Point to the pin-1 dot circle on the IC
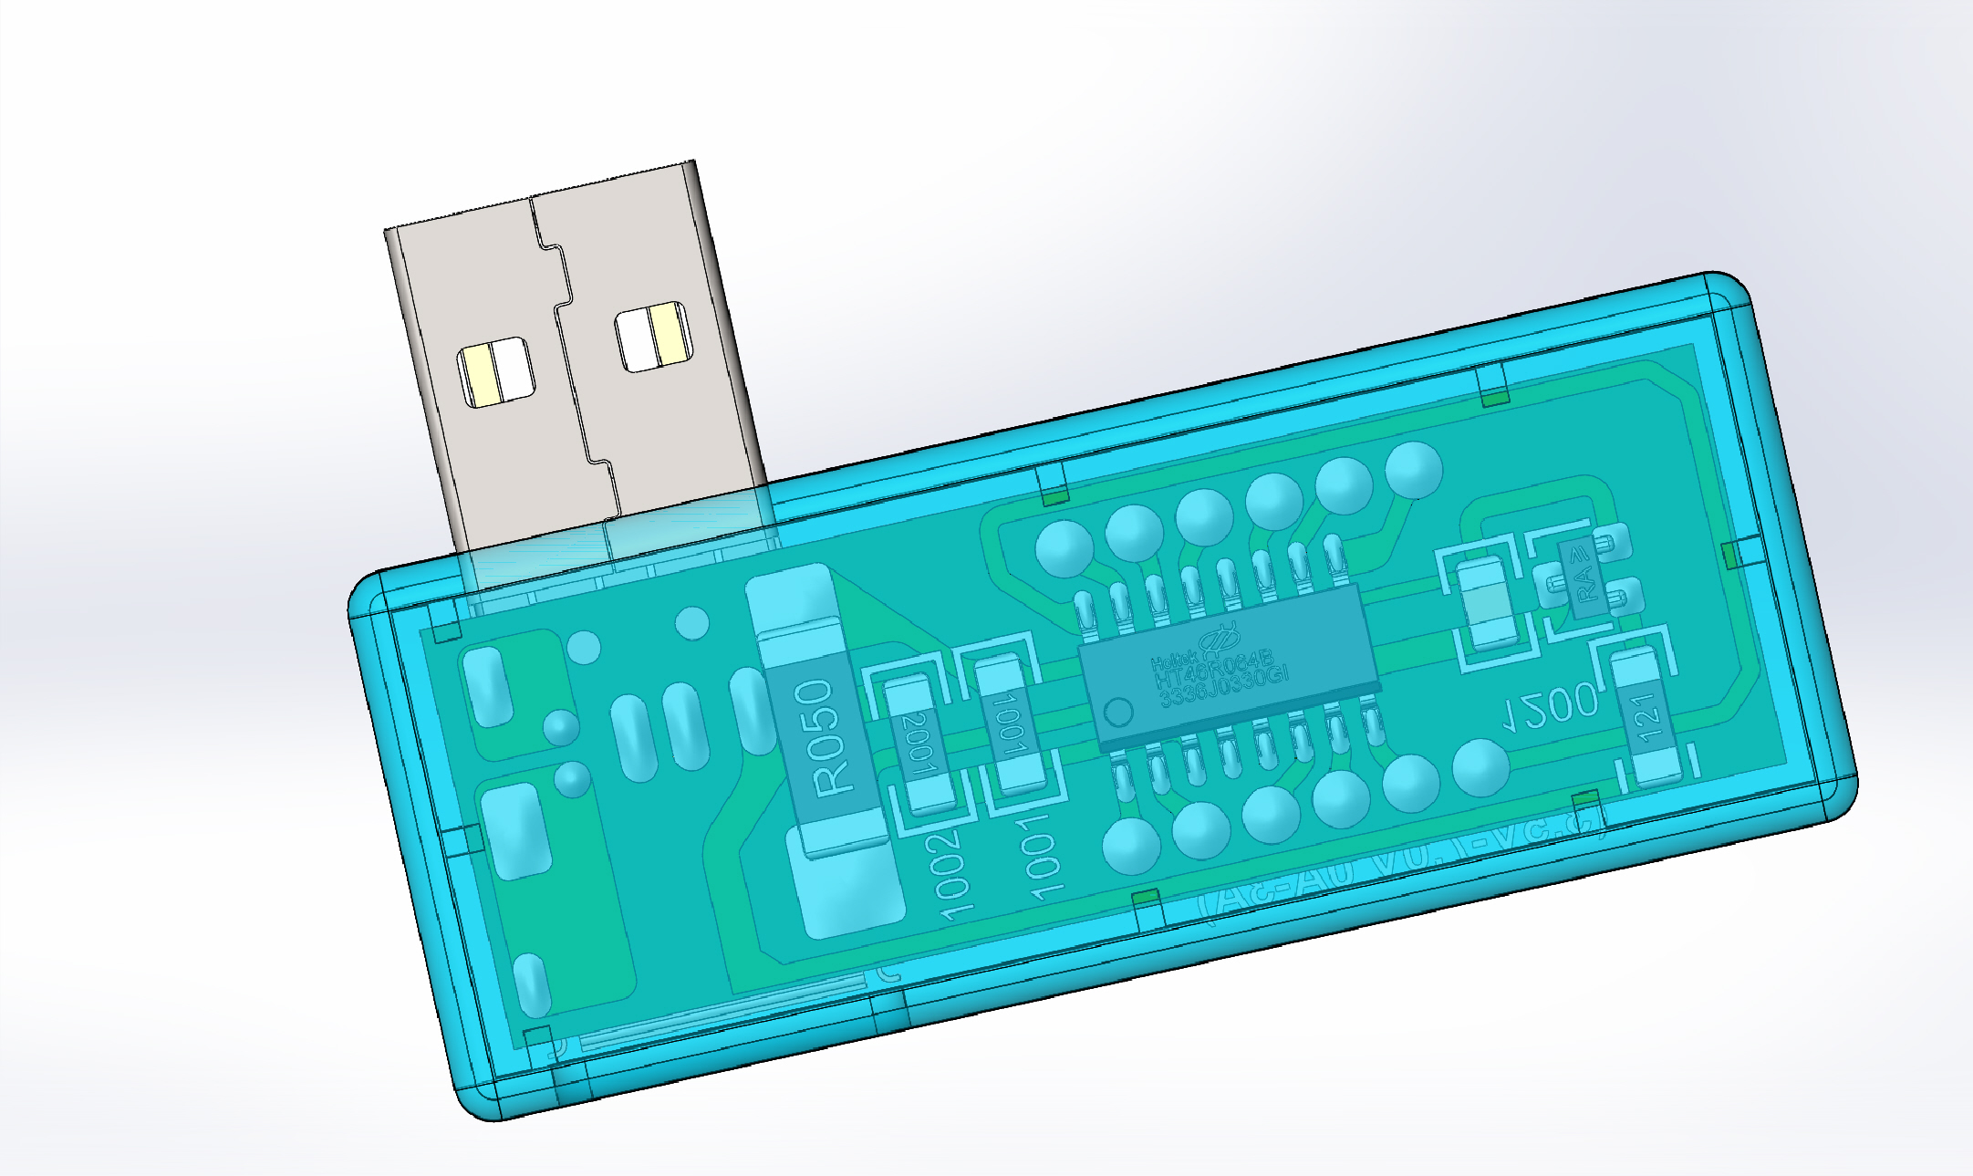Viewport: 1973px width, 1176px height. [x=1118, y=711]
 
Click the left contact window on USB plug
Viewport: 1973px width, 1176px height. [x=493, y=371]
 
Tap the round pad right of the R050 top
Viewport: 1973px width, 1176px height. [x=692, y=623]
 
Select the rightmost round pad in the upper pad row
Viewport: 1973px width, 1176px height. [x=1413, y=469]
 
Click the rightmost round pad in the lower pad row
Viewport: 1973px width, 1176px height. [x=1480, y=767]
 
